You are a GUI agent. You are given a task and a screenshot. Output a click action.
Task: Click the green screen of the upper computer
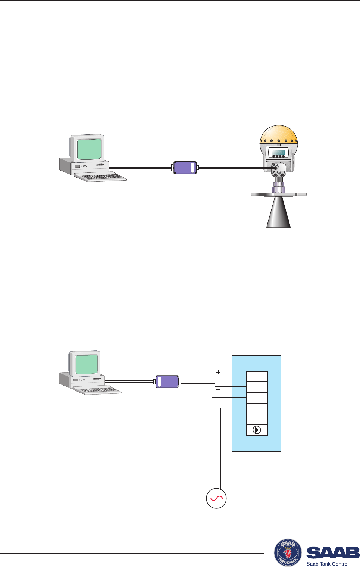click(89, 149)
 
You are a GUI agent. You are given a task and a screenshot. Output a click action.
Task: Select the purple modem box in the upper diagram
click(185, 168)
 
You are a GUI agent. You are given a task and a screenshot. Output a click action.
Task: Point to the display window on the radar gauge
click(278, 152)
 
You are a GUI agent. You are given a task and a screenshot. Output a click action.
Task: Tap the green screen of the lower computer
click(87, 364)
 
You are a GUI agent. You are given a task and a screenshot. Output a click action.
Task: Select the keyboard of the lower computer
click(97, 390)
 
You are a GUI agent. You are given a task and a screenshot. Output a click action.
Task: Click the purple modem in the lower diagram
click(167, 381)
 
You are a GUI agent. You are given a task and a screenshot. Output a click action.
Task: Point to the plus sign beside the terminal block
click(218, 372)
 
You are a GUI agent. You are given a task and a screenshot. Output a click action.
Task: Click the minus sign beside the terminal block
click(218, 390)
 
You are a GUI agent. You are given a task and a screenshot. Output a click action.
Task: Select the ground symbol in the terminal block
click(257, 430)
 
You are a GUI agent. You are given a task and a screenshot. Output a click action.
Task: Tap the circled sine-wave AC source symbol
click(216, 498)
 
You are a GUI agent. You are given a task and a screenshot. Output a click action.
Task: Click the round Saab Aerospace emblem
click(288, 551)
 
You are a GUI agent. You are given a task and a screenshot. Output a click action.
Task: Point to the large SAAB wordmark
click(333, 552)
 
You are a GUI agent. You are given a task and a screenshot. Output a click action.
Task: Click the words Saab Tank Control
click(327, 564)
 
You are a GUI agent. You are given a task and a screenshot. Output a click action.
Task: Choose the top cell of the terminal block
click(257, 377)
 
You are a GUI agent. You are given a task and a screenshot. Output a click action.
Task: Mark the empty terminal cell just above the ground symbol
click(257, 419)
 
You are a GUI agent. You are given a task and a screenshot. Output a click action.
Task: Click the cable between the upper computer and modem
click(140, 168)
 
